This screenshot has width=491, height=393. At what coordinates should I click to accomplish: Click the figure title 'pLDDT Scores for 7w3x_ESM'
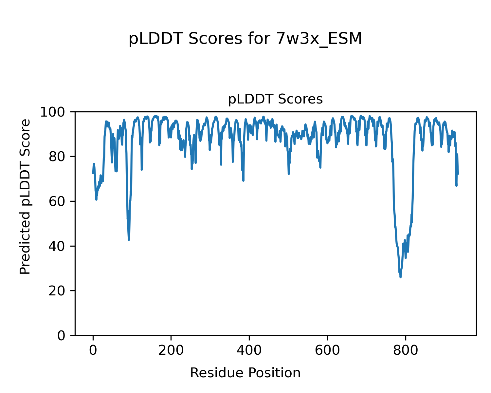pos(245,39)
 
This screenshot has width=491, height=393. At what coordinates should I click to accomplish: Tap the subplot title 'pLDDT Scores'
pos(275,99)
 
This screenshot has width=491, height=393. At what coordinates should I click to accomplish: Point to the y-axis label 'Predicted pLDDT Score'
pos(25,196)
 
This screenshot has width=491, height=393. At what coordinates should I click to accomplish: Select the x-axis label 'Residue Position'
pos(245,373)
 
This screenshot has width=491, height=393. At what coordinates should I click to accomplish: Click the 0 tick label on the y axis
pos(62,336)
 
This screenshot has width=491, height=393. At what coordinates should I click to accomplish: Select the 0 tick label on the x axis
pos(93,350)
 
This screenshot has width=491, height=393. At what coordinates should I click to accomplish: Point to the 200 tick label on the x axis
pos(171,350)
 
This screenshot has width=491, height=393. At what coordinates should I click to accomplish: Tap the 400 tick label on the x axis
pos(249,350)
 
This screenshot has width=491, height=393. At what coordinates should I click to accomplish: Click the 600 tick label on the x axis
pos(327,350)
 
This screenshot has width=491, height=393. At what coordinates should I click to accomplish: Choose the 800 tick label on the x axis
pos(406,350)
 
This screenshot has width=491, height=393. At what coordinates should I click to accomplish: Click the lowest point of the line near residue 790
pos(400,277)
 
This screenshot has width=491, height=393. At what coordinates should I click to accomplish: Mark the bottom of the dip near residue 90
pos(129,240)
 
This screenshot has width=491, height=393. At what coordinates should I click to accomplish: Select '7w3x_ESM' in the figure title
pos(319,39)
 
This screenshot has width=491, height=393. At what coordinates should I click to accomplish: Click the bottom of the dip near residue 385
pos(243,180)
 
